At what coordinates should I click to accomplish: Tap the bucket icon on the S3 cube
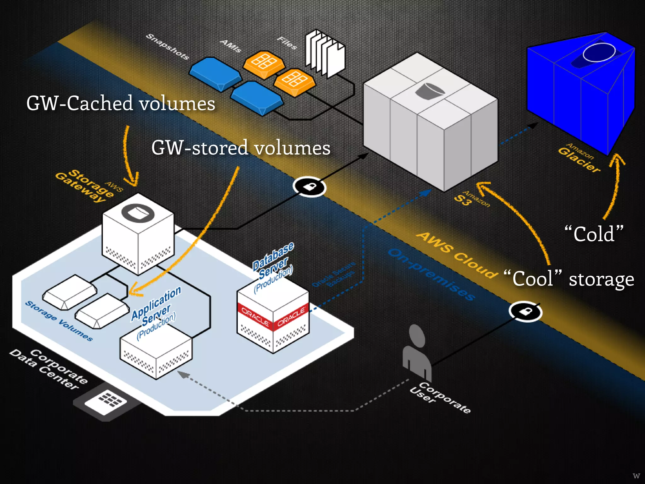[x=430, y=91]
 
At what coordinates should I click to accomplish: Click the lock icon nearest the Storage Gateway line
[x=309, y=187]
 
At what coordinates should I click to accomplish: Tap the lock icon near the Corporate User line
[x=525, y=312]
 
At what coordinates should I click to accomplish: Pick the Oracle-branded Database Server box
[x=273, y=318]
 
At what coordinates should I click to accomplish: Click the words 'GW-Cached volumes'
[x=121, y=103]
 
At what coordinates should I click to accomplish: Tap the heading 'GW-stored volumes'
[x=241, y=148]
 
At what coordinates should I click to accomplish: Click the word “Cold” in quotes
[x=594, y=234]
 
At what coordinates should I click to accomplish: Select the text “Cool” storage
[x=568, y=279]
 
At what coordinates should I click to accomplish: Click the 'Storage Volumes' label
[x=59, y=321]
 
